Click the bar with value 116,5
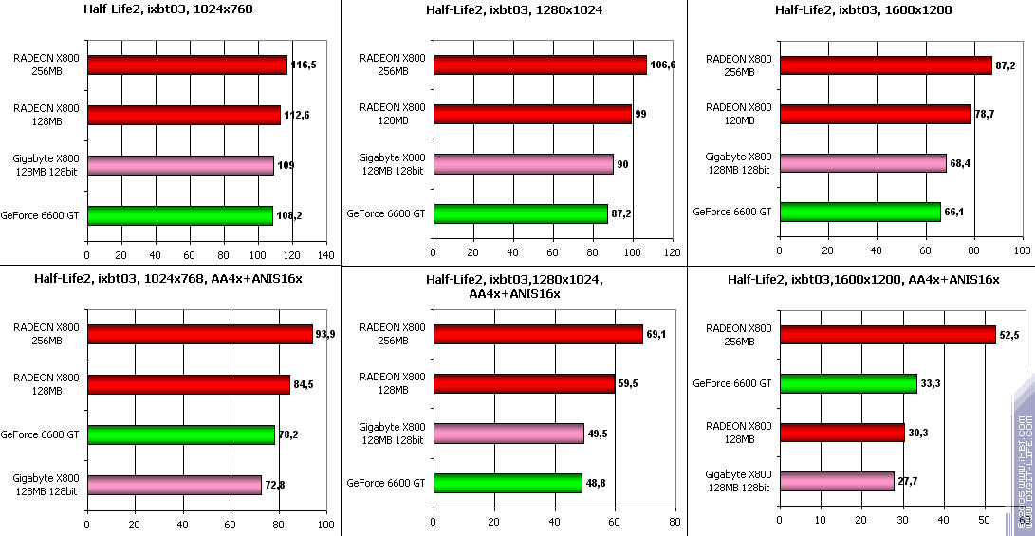(187, 65)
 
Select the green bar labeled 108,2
(180, 215)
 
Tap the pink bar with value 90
(523, 164)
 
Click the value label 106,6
(661, 65)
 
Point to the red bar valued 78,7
(875, 114)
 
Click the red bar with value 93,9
(199, 334)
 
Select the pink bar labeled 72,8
(174, 485)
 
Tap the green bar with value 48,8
(507, 483)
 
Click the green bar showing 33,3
(847, 383)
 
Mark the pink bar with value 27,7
(836, 481)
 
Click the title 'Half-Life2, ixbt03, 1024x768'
(170, 10)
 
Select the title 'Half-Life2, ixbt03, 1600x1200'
(862, 10)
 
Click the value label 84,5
(305, 384)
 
